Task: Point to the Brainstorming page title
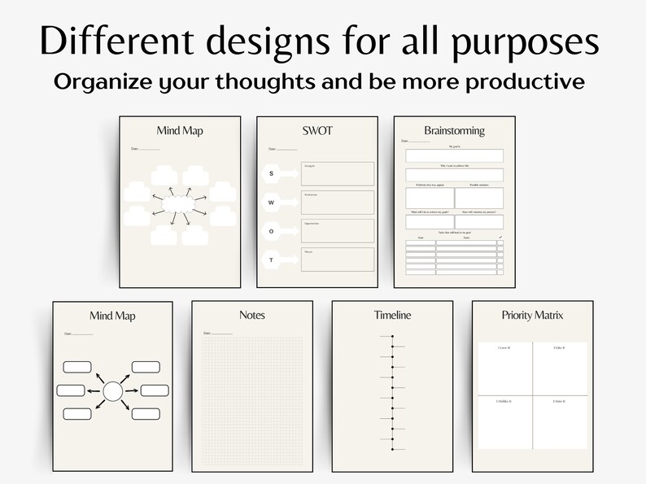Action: click(x=454, y=130)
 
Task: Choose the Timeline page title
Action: click(x=392, y=316)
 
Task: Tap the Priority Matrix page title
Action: click(x=532, y=316)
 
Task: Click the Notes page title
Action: click(x=252, y=316)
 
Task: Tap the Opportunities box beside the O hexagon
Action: click(x=338, y=230)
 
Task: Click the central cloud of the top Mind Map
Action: click(x=179, y=203)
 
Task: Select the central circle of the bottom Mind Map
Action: click(x=112, y=392)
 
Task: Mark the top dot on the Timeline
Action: click(x=392, y=337)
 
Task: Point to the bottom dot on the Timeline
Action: click(x=392, y=448)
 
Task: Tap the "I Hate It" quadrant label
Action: click(x=558, y=402)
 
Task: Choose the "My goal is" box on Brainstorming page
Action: click(x=454, y=155)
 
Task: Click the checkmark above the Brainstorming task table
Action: click(x=500, y=238)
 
